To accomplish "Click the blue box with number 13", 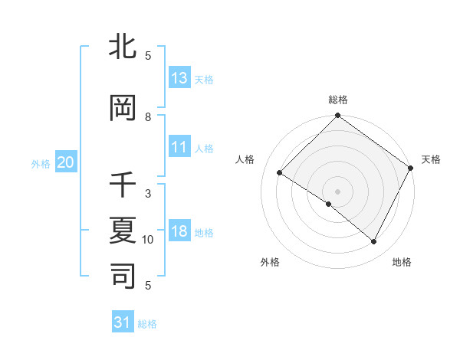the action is tap(179, 78).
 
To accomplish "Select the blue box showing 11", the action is tap(179, 147).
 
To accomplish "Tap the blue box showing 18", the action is tap(179, 231).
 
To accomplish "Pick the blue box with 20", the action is tap(65, 162).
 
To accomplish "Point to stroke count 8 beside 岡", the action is tap(148, 117).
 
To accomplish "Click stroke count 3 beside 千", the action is tap(148, 194).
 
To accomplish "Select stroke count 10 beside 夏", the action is tap(148, 240).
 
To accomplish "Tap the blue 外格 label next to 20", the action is tap(41, 162).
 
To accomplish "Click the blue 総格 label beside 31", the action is tap(147, 323).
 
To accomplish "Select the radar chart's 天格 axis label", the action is tap(431, 159).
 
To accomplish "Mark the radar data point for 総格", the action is tap(337, 116).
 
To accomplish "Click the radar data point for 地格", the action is tap(374, 242).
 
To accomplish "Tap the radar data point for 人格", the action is tap(280, 173).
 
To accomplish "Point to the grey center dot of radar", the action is tap(337, 191).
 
